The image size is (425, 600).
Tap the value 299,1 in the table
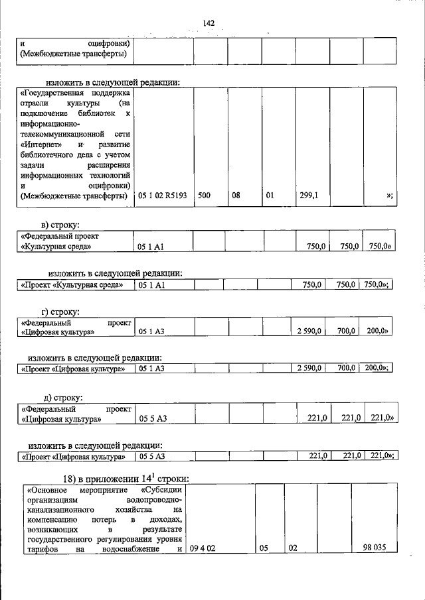pos(309,196)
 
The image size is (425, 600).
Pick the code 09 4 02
pos(203,548)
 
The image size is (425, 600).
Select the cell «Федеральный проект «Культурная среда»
pos(72,241)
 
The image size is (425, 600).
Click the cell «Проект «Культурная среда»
pos(72,284)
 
